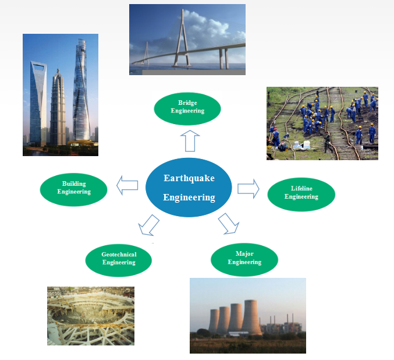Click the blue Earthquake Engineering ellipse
coord(189,188)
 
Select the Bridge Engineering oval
coord(187,109)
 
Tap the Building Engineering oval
coord(74,190)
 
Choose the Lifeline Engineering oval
coord(301,195)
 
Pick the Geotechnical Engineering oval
coord(119,260)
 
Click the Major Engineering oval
coord(244,260)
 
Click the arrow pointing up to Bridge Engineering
coord(190,141)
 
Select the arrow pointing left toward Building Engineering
coord(127,185)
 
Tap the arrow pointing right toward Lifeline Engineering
coord(249,189)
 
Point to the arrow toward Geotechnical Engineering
coord(149,225)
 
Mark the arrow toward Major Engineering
coord(228,224)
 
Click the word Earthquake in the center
coord(189,178)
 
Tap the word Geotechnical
coord(119,255)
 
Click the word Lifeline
coord(301,188)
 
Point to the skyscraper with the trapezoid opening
coord(38,103)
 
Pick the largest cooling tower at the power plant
coord(251,317)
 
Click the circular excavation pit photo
coord(91,316)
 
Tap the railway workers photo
coord(322,123)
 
